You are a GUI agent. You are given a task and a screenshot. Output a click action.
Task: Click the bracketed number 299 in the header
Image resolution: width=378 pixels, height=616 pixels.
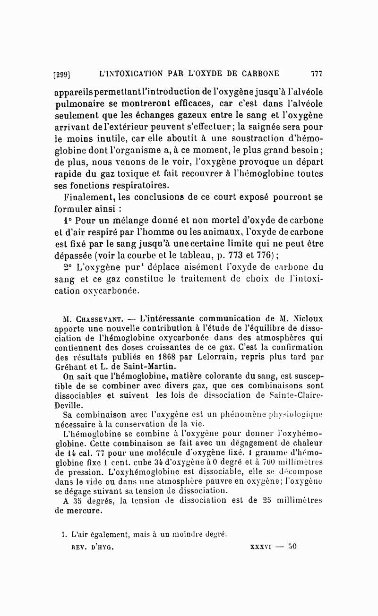(62, 74)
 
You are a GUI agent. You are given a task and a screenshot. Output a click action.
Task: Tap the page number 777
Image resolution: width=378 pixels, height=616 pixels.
(316, 73)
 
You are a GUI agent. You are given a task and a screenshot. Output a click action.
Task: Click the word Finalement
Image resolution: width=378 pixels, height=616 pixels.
(90, 197)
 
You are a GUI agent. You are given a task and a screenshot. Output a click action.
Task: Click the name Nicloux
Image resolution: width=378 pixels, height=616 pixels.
(306, 318)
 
